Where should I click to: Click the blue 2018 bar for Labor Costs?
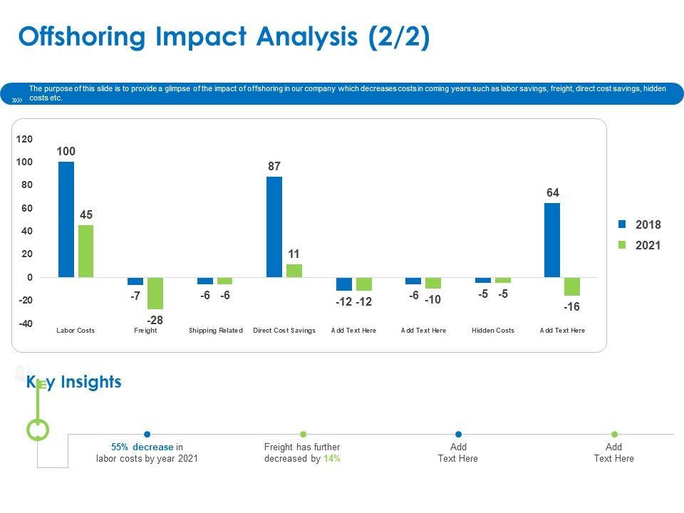coord(66,219)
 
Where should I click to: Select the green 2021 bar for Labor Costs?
coord(86,251)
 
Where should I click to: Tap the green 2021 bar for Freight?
coord(155,293)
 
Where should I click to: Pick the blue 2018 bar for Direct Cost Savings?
coord(274,227)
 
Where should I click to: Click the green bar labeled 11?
coord(294,271)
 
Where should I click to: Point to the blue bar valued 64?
coord(552,240)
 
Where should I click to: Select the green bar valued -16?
coord(572,286)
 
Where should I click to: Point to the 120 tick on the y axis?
coord(25,139)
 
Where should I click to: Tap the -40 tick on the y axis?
coord(25,323)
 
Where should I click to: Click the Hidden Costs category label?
coord(493,331)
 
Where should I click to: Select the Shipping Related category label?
coord(215,331)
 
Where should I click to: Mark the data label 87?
coord(274,166)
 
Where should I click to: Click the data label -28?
coord(155,320)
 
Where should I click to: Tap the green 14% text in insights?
coord(331,458)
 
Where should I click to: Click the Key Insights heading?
coord(74,382)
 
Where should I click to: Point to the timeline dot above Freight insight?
coord(303,434)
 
